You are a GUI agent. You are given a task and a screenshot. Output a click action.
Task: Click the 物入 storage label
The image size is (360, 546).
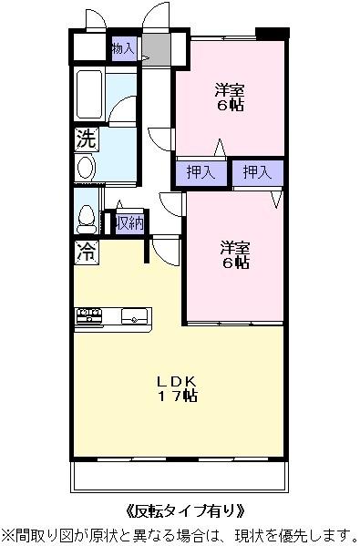123,48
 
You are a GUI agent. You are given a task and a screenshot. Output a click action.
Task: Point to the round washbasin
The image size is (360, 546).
85,167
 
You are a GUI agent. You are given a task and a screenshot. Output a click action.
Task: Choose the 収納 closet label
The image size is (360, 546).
128,222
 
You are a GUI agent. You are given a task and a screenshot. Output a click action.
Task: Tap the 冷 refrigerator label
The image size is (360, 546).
86,252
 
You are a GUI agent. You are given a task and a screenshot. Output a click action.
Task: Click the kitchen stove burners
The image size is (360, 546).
89,316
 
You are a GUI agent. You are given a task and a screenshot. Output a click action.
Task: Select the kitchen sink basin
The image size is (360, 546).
134,317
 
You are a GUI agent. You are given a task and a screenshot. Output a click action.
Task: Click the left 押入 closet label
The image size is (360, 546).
201,172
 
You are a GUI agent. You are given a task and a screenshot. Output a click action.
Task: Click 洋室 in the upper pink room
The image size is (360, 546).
230,89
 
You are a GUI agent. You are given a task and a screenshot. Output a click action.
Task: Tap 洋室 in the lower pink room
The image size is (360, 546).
234,246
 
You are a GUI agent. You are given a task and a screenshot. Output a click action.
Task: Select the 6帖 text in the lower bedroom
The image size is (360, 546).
234,263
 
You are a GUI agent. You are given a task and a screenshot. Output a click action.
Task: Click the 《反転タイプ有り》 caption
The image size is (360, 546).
182,510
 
